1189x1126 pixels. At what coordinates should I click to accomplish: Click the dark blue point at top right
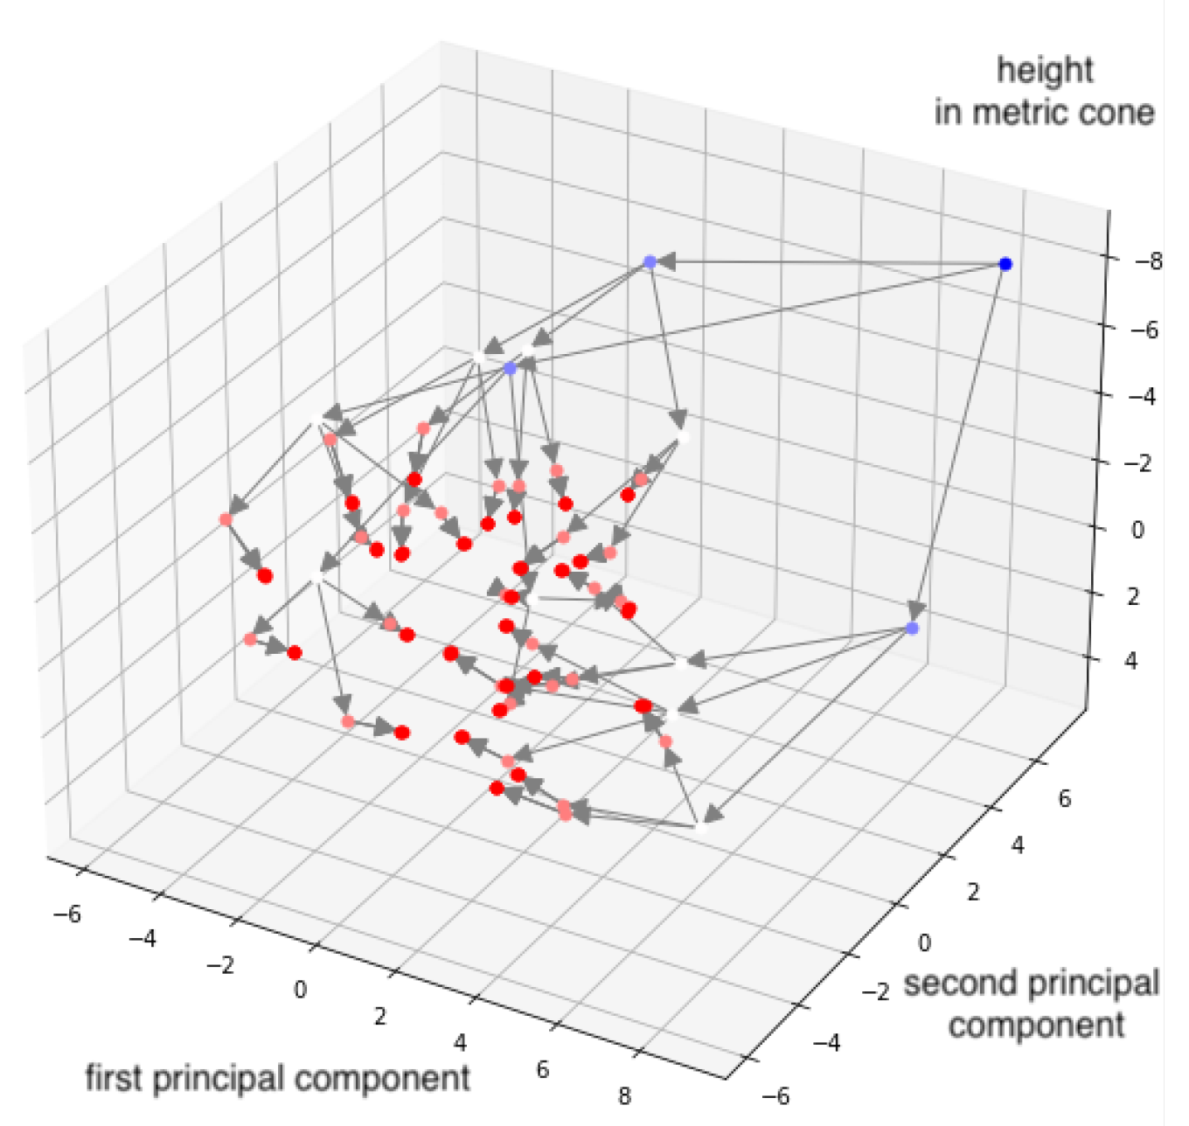(1005, 264)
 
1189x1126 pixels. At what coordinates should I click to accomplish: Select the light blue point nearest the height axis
(913, 628)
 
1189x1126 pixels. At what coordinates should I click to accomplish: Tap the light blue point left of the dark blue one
(650, 261)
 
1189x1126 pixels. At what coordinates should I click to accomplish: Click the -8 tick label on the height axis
(1148, 261)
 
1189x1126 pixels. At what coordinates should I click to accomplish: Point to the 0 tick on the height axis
(1137, 529)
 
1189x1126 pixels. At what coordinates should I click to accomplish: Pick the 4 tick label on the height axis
(1132, 661)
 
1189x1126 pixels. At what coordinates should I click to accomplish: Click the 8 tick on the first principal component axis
(623, 1095)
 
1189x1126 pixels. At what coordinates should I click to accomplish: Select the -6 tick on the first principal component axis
(67, 914)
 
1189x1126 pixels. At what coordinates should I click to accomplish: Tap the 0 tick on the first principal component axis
(300, 990)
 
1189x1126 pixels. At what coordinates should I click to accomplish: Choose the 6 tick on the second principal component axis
(1064, 798)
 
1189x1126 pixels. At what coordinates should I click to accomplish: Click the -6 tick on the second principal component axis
(775, 1095)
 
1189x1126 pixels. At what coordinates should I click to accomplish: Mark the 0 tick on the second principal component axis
(923, 942)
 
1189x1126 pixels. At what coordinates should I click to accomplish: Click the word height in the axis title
(1045, 70)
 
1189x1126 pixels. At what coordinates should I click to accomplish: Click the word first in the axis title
(115, 1078)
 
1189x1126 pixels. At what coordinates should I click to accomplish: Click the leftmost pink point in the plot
(226, 519)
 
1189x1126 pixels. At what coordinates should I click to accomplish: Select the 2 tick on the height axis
(1133, 596)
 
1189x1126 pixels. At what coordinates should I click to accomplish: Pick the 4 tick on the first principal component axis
(460, 1042)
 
